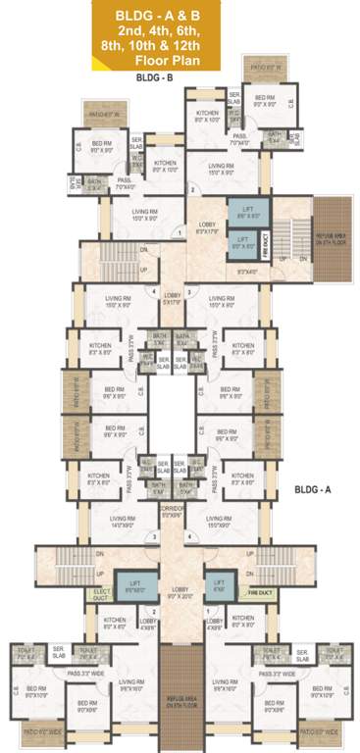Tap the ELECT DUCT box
pyautogui.click(x=102, y=592)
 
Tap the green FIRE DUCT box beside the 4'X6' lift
pyautogui.click(x=259, y=592)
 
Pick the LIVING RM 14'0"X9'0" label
pyautogui.click(x=122, y=524)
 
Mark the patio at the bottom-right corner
pyautogui.click(x=319, y=731)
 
